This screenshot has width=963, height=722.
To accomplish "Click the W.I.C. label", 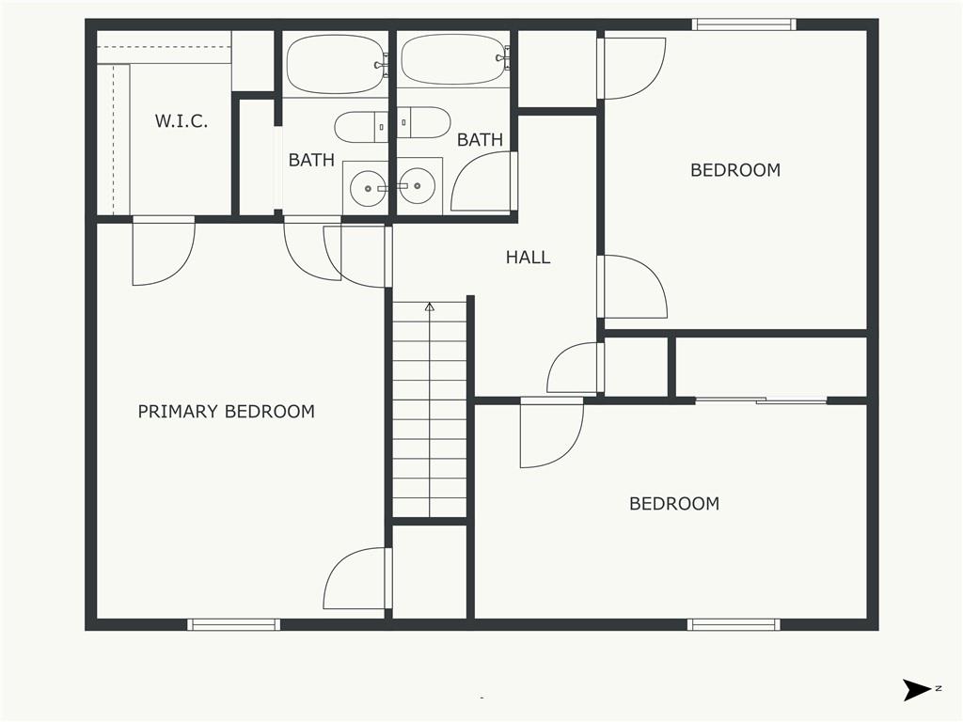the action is click(182, 121).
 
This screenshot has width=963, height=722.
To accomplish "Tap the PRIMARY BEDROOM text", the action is click(226, 412).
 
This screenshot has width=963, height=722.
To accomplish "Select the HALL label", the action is click(529, 258).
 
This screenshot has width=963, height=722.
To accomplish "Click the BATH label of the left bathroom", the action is click(311, 160).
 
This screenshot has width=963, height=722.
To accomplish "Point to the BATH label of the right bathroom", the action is click(480, 140).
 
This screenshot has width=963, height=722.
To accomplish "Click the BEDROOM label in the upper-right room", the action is click(735, 170).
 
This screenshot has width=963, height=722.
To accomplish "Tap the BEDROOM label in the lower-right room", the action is click(674, 504).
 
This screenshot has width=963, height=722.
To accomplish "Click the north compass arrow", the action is click(917, 690).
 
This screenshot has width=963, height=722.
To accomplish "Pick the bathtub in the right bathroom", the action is click(453, 59).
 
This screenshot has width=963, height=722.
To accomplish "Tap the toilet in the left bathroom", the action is click(361, 127).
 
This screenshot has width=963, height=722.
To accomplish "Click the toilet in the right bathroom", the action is click(424, 123).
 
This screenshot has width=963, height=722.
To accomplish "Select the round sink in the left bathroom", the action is click(369, 188).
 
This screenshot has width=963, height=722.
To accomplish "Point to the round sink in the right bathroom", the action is click(417, 185).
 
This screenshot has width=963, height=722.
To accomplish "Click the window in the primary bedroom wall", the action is click(233, 625).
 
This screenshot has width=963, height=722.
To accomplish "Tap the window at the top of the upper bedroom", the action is click(744, 24).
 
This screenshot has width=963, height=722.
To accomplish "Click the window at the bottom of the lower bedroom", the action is click(734, 625).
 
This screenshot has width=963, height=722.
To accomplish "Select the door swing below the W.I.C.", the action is click(164, 251).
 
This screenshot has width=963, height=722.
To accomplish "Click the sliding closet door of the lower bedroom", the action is click(761, 400).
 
